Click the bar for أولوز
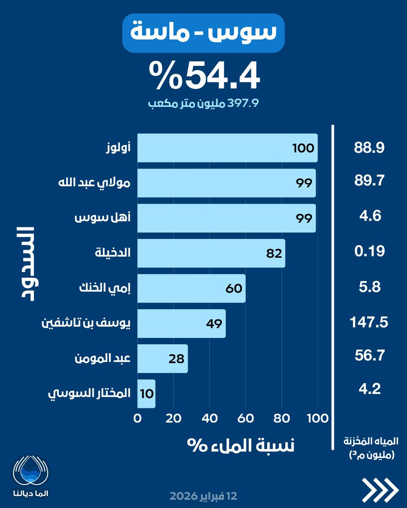(x=227, y=148)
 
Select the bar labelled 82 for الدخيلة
(x=211, y=253)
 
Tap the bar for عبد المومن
(x=162, y=359)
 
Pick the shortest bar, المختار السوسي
(x=146, y=394)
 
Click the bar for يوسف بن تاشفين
(x=181, y=323)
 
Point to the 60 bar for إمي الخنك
(x=191, y=288)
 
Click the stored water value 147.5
(x=369, y=322)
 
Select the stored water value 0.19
(x=369, y=251)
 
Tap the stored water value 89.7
(x=369, y=181)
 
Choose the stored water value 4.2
(x=370, y=389)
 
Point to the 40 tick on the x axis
(x=209, y=419)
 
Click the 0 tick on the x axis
(x=137, y=419)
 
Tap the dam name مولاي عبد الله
(x=95, y=182)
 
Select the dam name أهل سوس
(x=103, y=218)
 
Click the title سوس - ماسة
(x=203, y=32)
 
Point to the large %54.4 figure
(x=205, y=75)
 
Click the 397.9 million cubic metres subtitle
(x=203, y=103)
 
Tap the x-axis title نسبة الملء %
(x=241, y=445)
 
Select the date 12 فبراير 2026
(x=203, y=496)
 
